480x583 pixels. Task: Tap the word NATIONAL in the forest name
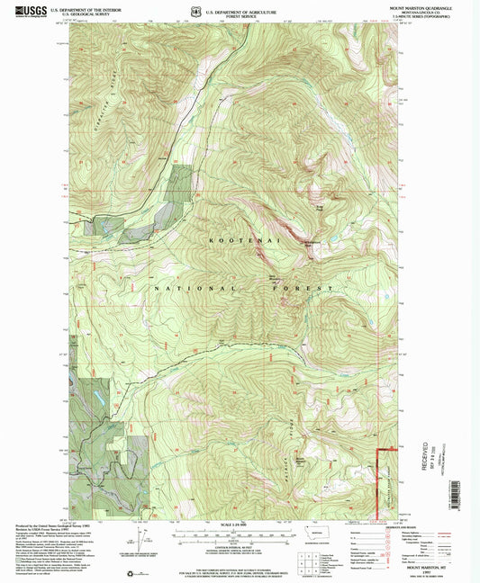click(169, 288)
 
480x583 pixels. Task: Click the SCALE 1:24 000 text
click(239, 525)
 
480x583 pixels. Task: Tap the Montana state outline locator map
click(320, 533)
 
